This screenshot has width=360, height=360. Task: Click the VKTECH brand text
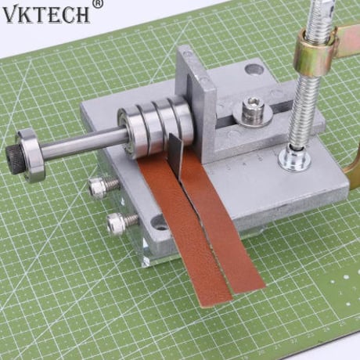pyautogui.click(x=46, y=15)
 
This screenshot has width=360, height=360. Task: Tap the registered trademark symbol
pyautogui.click(x=98, y=3)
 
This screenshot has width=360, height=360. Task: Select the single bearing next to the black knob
pyautogui.click(x=30, y=156)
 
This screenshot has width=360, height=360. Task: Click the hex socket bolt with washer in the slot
pyautogui.click(x=253, y=111)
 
